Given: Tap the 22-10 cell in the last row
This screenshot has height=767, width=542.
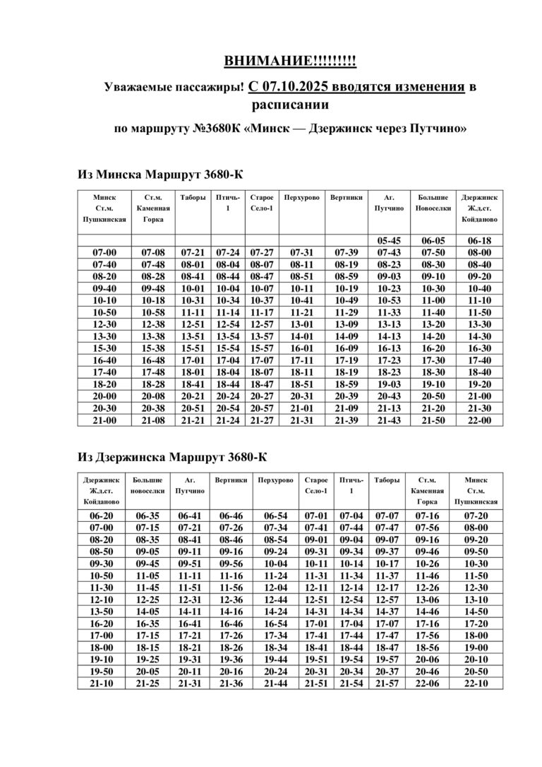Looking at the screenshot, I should click(x=476, y=684).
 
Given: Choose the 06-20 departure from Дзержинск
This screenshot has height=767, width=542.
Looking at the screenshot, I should click(x=102, y=516).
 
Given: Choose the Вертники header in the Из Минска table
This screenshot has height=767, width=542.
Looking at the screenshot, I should click(x=347, y=198).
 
